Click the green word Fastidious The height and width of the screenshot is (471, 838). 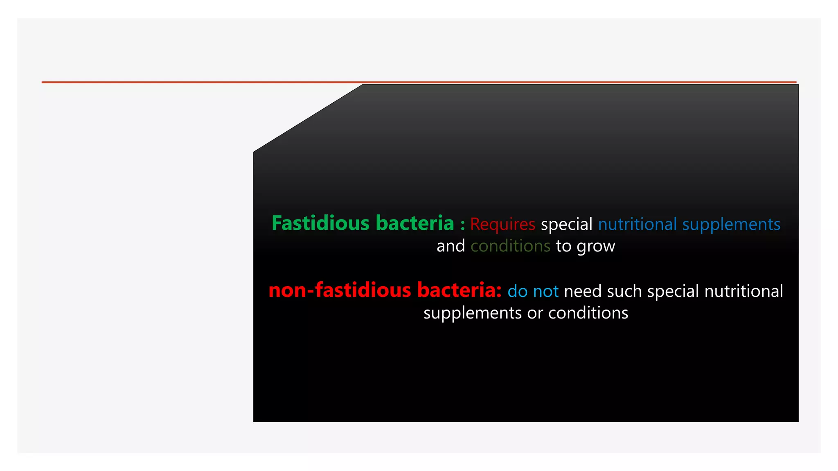320,223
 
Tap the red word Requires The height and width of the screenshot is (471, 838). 502,224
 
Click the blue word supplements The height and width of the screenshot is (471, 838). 731,224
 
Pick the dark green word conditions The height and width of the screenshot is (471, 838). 510,246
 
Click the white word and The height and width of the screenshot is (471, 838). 451,246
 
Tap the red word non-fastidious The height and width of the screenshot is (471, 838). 340,290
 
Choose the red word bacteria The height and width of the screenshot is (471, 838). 459,290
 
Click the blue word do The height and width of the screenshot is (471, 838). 517,292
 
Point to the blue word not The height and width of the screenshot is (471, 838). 546,292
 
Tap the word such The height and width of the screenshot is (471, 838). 624,292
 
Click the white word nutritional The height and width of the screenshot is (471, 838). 743,292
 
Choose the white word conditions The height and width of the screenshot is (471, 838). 588,313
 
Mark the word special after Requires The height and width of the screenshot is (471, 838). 566,224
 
